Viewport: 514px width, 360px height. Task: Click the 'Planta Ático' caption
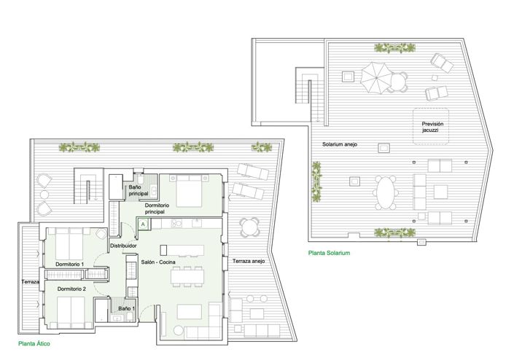[x=34, y=342]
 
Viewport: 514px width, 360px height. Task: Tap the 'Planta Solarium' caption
[x=330, y=253]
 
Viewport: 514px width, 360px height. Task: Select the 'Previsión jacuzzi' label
[x=432, y=128]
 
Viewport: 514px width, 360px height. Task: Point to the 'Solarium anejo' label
[x=340, y=144]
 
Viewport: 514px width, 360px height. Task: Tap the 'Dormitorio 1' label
[x=70, y=263]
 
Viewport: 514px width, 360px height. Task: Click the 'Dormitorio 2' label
[x=71, y=289]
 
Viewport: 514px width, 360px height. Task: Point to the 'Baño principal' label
[x=139, y=191]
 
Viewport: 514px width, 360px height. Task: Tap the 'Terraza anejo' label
[x=249, y=261]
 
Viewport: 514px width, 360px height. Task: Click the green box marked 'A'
[x=143, y=225]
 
